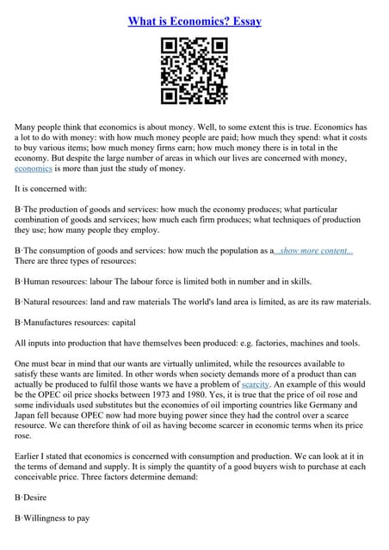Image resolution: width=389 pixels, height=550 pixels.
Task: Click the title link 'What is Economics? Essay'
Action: tap(194, 21)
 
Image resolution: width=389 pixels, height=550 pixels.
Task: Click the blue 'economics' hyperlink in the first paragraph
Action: tap(34, 168)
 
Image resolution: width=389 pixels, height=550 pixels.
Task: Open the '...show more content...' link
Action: tap(314, 250)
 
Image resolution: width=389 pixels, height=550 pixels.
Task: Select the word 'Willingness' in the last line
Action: tap(53, 518)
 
